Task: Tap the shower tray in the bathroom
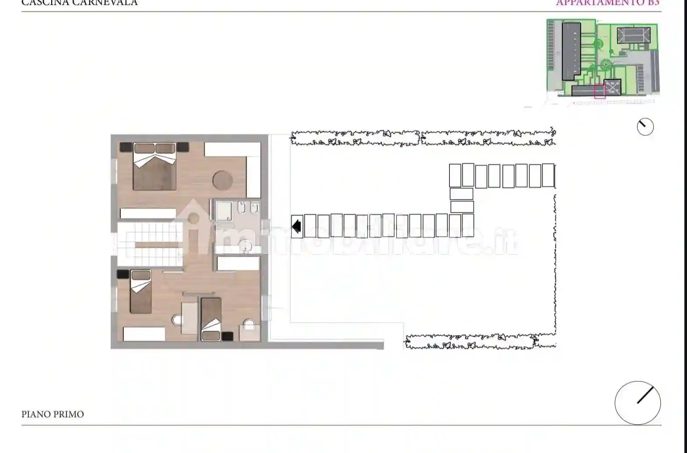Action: [223, 210]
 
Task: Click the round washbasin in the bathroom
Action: [245, 247]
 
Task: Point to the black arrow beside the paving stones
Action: [297, 226]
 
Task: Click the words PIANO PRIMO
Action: [53, 414]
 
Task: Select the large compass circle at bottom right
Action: [638, 403]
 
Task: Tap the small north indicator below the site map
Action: [645, 127]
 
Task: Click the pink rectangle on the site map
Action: [599, 91]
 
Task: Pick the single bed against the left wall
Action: [140, 291]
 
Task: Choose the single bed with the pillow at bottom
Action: [211, 318]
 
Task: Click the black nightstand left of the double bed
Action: [126, 147]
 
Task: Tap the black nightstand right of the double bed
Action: [182, 147]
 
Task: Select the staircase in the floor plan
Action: [149, 244]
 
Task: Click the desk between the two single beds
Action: [189, 318]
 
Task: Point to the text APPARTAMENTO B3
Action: [607, 3]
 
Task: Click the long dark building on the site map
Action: [571, 50]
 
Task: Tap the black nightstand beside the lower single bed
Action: [227, 336]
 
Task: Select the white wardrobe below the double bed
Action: [148, 213]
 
